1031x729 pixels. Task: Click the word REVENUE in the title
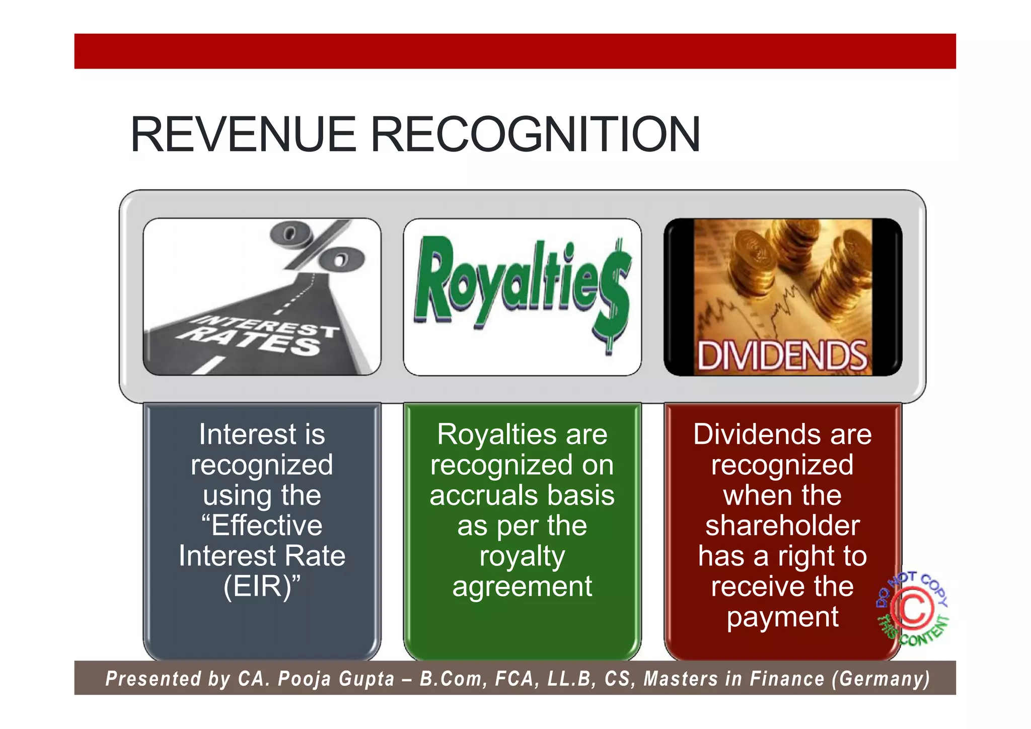click(243, 134)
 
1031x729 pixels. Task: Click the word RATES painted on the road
click(252, 340)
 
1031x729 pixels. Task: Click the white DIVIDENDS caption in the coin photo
click(782, 356)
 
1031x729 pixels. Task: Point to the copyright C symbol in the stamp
click(912, 610)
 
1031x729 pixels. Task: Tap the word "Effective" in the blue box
click(267, 526)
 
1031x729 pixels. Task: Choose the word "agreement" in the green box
click(522, 587)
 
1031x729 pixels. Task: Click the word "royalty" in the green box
click(522, 557)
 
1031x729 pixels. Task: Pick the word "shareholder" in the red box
click(782, 526)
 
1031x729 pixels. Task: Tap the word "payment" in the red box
click(782, 617)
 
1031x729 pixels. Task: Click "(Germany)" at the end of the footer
click(880, 679)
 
